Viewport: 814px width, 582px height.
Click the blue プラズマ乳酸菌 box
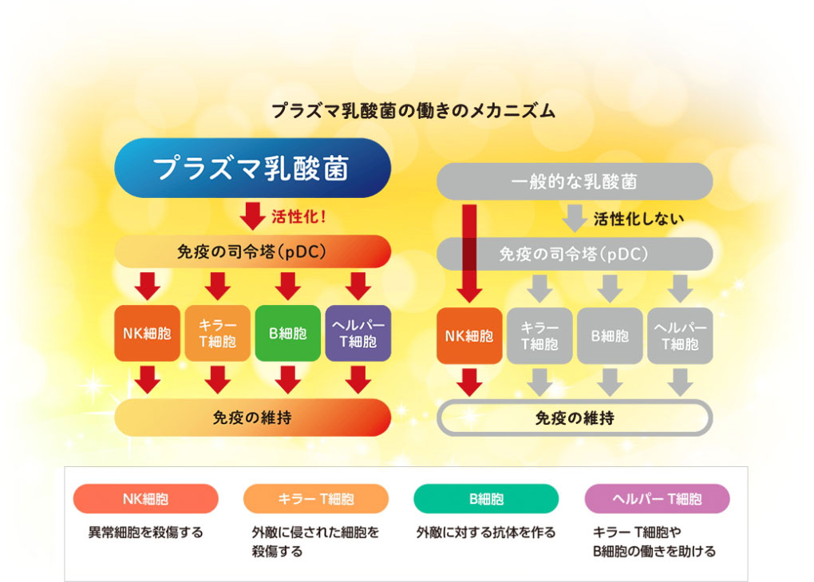(x=252, y=168)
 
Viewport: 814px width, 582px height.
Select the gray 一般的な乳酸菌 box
(x=574, y=181)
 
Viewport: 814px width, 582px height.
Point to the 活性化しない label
(x=638, y=218)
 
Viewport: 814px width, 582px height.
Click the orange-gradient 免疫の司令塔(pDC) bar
(x=252, y=251)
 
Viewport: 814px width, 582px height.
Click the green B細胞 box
(x=287, y=334)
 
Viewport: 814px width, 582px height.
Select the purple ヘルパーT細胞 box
(x=358, y=334)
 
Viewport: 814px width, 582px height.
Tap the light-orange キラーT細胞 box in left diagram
(x=218, y=334)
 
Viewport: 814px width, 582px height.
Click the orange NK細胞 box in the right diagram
(x=470, y=335)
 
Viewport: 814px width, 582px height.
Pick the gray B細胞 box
(x=610, y=335)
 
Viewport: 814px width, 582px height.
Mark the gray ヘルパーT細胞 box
(x=680, y=335)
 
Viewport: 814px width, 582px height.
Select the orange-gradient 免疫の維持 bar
(x=252, y=418)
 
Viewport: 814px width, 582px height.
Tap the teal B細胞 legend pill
(x=486, y=499)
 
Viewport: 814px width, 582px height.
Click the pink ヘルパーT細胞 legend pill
(x=657, y=499)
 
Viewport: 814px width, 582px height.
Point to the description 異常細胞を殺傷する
(x=145, y=532)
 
